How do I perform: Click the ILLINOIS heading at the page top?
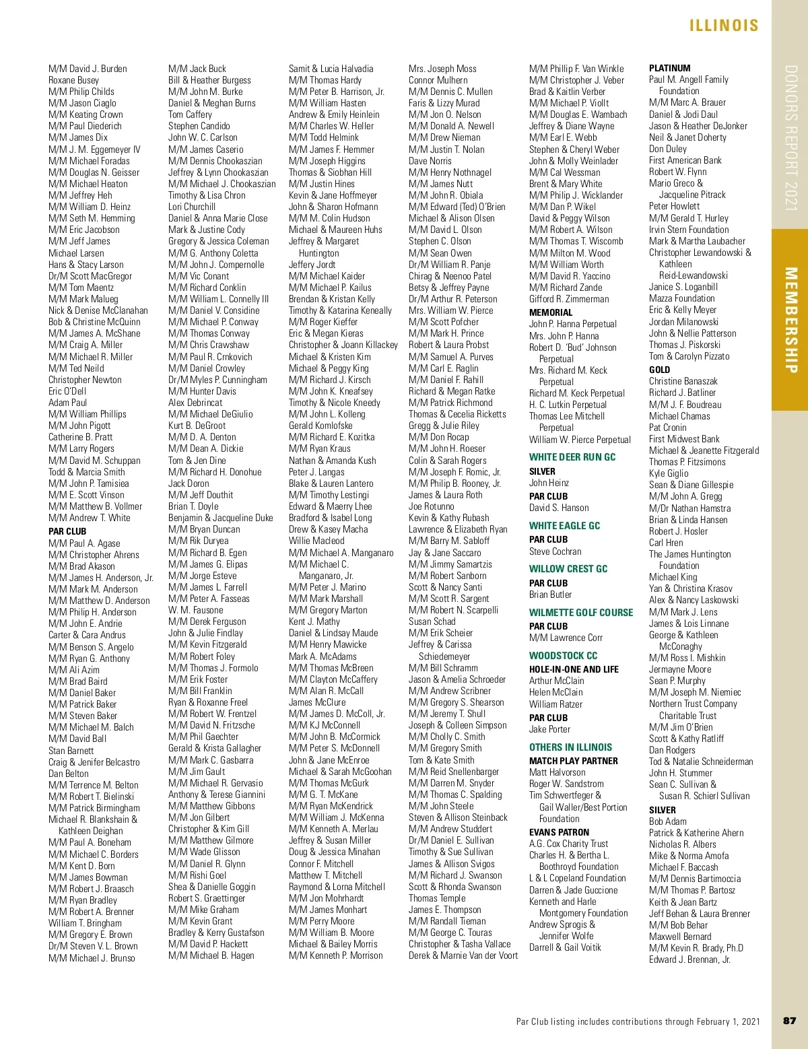[724, 26]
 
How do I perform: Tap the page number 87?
[789, 1021]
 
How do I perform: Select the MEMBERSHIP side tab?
[790, 320]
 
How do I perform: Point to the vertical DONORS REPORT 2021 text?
[790, 137]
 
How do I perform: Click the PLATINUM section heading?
[669, 68]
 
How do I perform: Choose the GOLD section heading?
[659, 370]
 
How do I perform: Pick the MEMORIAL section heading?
[551, 312]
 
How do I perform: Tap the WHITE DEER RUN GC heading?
[572, 457]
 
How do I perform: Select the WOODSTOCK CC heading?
[563, 656]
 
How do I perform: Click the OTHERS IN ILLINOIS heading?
[570, 747]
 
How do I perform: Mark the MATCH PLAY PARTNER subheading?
[573, 761]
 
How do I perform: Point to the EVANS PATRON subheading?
[559, 832]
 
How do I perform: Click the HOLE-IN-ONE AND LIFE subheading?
[574, 669]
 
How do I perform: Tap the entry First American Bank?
[685, 160]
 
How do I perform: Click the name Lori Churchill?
[192, 207]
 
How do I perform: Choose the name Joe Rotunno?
[431, 506]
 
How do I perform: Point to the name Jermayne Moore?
[680, 669]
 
